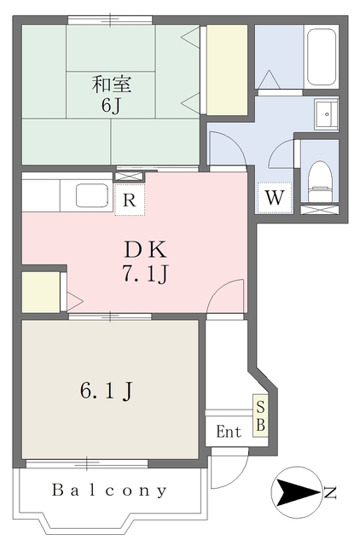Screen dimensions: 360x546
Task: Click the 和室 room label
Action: coord(112,84)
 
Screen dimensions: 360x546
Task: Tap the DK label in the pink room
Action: coord(146,250)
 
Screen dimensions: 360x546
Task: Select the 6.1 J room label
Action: coord(107,392)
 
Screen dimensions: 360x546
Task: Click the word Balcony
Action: coord(110,491)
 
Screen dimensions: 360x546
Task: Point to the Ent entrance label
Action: coord(229,432)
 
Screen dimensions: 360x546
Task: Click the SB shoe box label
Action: coord(261,415)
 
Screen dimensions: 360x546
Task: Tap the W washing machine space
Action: coord(275,198)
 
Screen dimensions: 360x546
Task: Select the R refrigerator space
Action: coord(130,200)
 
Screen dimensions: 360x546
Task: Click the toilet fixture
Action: coord(320,181)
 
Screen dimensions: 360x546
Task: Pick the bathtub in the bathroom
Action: coord(322,57)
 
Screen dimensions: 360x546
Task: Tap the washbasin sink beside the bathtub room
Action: coord(327,114)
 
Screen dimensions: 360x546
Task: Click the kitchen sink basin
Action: coord(92,195)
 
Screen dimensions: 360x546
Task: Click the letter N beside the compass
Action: coord(330,493)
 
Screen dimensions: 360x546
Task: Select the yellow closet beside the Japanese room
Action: coord(228,70)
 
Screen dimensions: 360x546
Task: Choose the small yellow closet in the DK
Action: coord(41,292)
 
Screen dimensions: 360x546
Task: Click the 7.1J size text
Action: coord(145,274)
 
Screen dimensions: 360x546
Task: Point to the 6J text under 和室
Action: coord(111,106)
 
